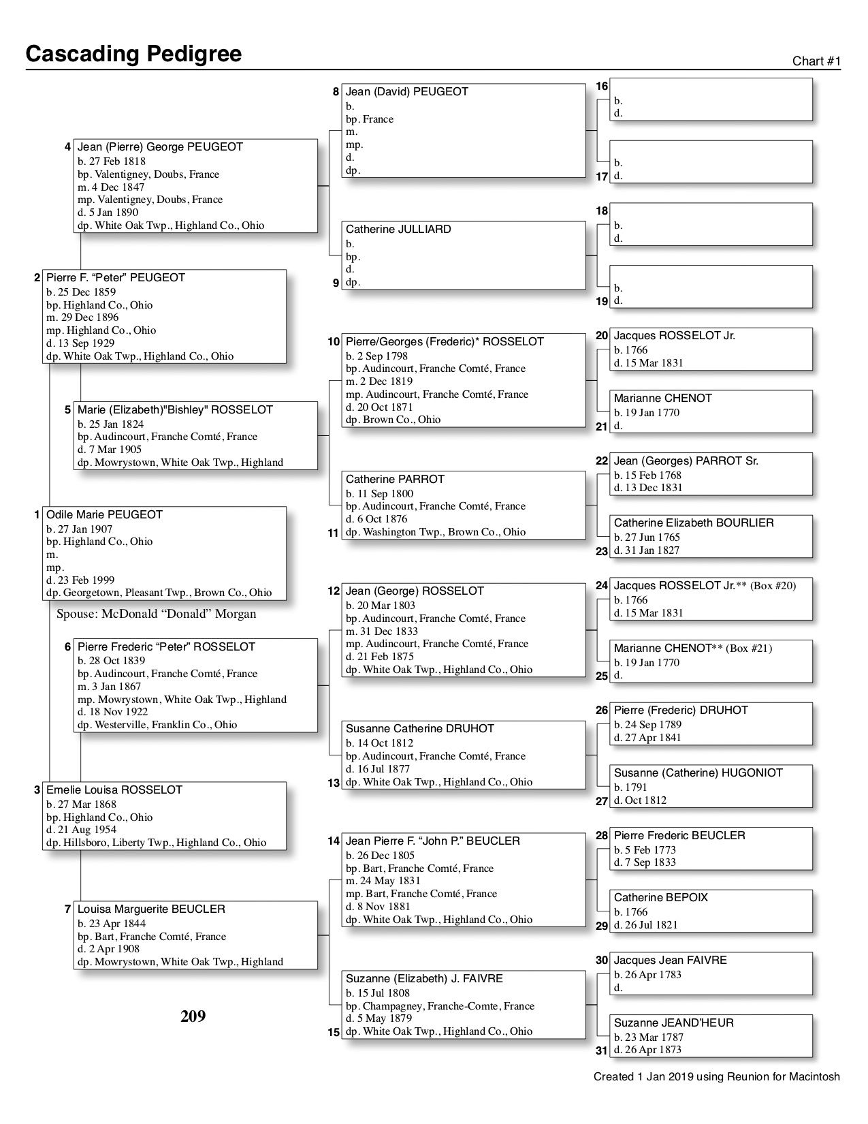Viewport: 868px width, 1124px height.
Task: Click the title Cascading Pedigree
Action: (133, 54)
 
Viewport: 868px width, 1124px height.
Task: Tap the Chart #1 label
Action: (816, 61)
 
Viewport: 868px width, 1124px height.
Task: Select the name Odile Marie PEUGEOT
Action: (104, 514)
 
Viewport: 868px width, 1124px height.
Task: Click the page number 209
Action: (193, 1016)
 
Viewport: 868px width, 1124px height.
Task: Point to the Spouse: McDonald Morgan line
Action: (156, 614)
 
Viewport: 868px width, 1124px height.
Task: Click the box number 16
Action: (602, 86)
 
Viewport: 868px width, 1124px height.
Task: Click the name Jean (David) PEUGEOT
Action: (406, 91)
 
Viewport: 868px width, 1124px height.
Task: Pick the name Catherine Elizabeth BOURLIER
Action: (694, 522)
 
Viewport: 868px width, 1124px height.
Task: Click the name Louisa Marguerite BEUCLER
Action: (151, 909)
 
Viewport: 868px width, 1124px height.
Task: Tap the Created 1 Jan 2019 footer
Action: (716, 1077)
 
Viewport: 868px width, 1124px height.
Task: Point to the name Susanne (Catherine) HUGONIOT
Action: (698, 772)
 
